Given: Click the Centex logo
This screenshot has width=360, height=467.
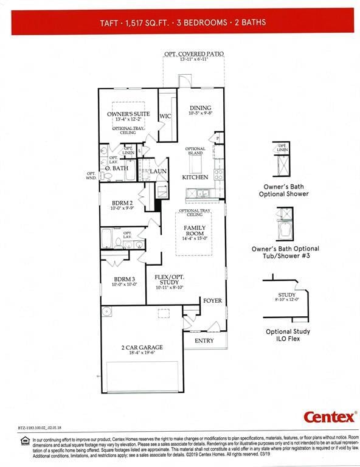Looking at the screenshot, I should point(330,417).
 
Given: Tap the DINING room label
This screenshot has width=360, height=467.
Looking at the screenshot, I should point(200,108).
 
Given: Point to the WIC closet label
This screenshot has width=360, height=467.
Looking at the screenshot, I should point(165,116).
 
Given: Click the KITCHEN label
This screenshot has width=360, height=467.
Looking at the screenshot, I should point(195,178).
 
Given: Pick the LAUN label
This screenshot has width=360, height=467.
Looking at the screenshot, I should point(159,171).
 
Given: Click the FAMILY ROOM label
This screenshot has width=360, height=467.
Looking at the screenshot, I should point(195,231).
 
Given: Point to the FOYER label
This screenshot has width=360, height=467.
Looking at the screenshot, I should point(212,301).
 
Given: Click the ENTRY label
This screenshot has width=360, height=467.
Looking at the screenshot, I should point(204,341).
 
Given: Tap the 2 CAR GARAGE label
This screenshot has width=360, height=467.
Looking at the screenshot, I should point(142,348).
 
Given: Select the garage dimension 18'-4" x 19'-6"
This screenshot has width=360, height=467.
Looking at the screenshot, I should point(142,354).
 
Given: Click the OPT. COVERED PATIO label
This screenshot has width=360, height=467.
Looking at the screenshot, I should point(194,54).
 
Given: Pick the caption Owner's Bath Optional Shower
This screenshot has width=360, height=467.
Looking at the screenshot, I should point(286,190).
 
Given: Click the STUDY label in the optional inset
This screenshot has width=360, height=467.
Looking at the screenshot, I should point(287,295).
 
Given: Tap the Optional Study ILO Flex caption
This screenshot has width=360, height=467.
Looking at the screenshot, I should point(288,335).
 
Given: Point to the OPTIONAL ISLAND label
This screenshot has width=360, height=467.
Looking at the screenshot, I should point(195,151).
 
